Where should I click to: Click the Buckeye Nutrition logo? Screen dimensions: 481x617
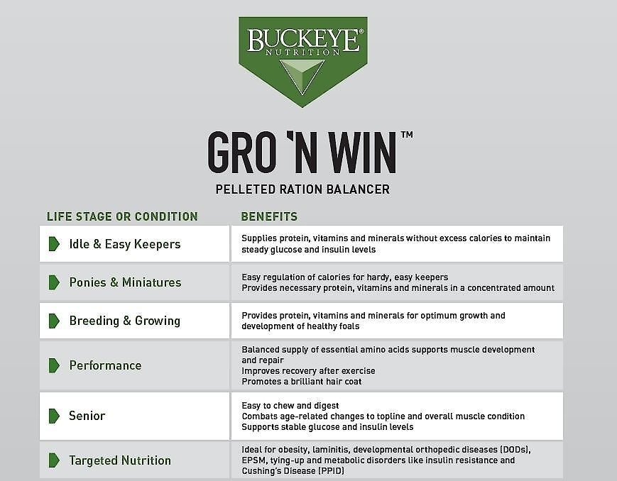click(303, 60)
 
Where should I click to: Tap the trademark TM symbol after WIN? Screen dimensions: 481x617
click(407, 134)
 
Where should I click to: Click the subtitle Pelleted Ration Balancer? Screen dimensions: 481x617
click(302, 189)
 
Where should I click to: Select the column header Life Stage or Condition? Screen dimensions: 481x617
click(122, 216)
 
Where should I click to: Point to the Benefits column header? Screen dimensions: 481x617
click(269, 216)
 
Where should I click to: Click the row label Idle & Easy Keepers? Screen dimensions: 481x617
click(125, 244)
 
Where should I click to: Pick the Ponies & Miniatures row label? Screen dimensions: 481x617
click(125, 282)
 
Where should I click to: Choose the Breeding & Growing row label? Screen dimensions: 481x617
click(125, 321)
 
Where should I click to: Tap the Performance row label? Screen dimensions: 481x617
click(105, 365)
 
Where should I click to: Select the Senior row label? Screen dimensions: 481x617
click(87, 416)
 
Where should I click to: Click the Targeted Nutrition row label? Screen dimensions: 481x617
click(120, 460)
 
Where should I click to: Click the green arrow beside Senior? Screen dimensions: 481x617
click(53, 416)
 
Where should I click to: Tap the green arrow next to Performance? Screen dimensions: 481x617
click(53, 365)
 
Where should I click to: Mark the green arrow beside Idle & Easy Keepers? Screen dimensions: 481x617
click(53, 244)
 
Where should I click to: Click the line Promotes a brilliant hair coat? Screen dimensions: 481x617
click(301, 382)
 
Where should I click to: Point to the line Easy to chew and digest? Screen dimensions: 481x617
click(290, 406)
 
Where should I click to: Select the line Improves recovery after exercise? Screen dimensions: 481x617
click(308, 371)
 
